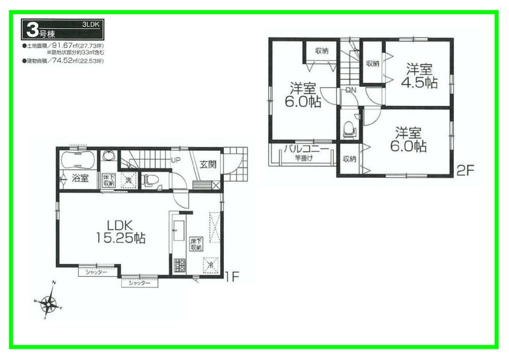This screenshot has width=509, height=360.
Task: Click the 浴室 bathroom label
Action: click(79, 178)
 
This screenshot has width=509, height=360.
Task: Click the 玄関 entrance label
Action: click(208, 164)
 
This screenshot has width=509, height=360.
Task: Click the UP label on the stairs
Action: click(176, 160)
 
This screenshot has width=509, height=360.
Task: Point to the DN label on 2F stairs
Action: click(351, 90)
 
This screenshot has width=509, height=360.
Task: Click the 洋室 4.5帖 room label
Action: click(420, 76)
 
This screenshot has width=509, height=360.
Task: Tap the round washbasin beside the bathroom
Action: click(108, 156)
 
